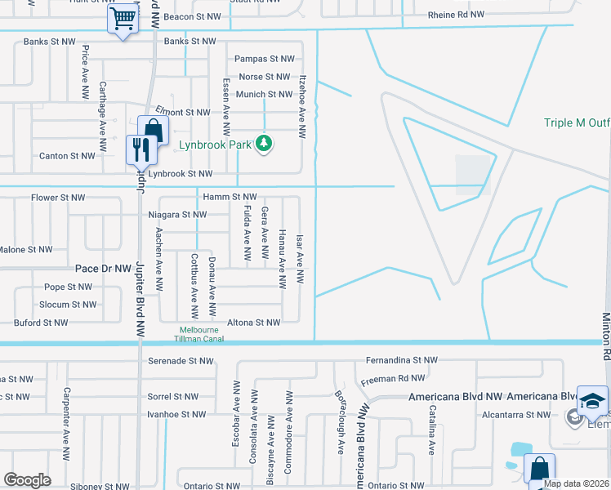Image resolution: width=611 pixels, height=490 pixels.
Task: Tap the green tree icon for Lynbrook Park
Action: (x=264, y=145)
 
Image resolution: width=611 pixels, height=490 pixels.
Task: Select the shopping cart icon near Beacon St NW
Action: (x=123, y=18)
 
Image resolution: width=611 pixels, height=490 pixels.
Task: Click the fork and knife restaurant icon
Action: (x=142, y=149)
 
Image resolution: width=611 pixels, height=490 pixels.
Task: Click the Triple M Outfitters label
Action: (x=578, y=123)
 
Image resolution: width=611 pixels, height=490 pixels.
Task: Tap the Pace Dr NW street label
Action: (x=103, y=268)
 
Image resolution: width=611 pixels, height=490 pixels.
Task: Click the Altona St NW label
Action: (x=253, y=323)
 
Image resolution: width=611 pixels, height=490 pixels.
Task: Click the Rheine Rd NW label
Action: (x=456, y=16)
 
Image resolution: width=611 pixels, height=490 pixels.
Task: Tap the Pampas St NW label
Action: (x=264, y=59)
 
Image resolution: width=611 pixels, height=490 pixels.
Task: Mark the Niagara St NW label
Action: (x=177, y=215)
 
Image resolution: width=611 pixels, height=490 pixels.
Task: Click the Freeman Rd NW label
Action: (x=393, y=378)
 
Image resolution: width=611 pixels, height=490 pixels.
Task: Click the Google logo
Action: (x=27, y=480)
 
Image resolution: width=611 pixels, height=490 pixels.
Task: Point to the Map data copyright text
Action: (x=576, y=483)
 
